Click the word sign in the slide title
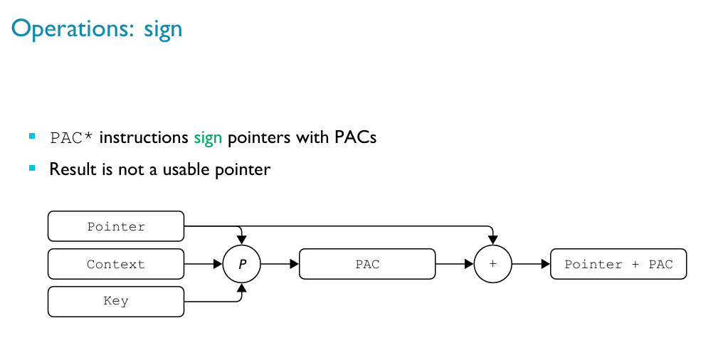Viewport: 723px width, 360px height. [164, 30]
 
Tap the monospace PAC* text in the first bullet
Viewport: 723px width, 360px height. [71, 137]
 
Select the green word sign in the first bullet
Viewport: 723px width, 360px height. [208, 137]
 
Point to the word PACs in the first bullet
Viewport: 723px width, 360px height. [355, 137]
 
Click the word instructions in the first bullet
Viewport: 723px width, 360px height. [144, 137]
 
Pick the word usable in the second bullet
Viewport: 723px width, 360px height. [187, 170]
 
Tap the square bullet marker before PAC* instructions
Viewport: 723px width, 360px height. [32, 135]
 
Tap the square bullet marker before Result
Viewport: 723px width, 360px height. [32, 168]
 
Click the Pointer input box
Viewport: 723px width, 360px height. [116, 226]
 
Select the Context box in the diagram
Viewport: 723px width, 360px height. [116, 264]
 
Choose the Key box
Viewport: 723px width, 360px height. [116, 301]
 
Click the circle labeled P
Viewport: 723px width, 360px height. [242, 264]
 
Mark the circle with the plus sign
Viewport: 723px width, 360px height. [492, 264]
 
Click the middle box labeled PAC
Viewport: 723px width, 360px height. [367, 264]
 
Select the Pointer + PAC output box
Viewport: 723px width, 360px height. [618, 264]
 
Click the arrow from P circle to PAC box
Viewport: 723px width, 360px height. [280, 264]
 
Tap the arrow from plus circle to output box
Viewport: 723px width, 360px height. [531, 264]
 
